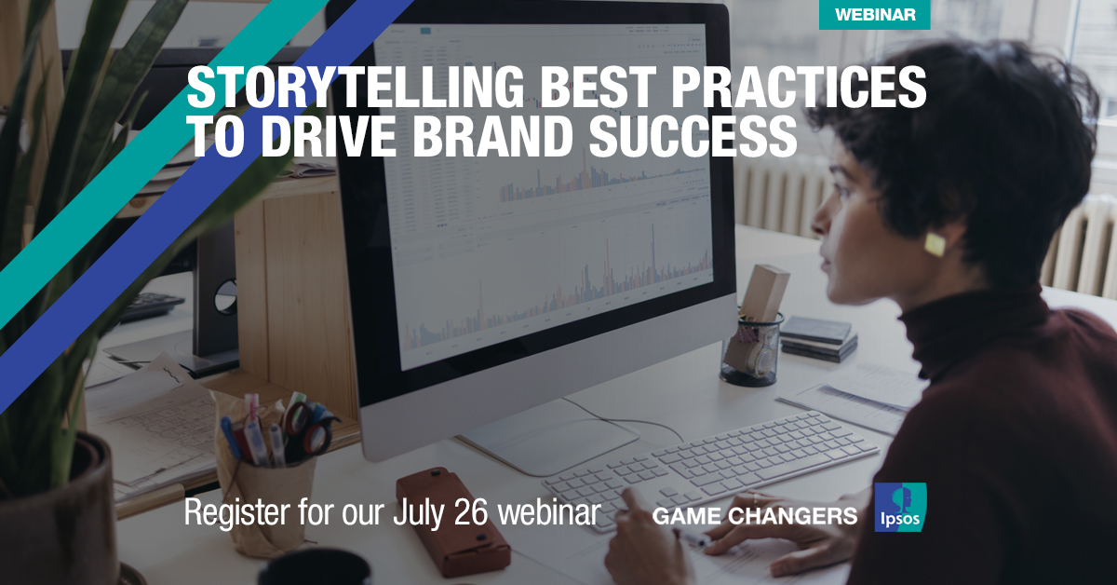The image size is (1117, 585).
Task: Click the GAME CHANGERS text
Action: click(755, 515)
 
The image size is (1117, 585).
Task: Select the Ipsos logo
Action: click(900, 508)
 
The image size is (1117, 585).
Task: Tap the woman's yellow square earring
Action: click(934, 244)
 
